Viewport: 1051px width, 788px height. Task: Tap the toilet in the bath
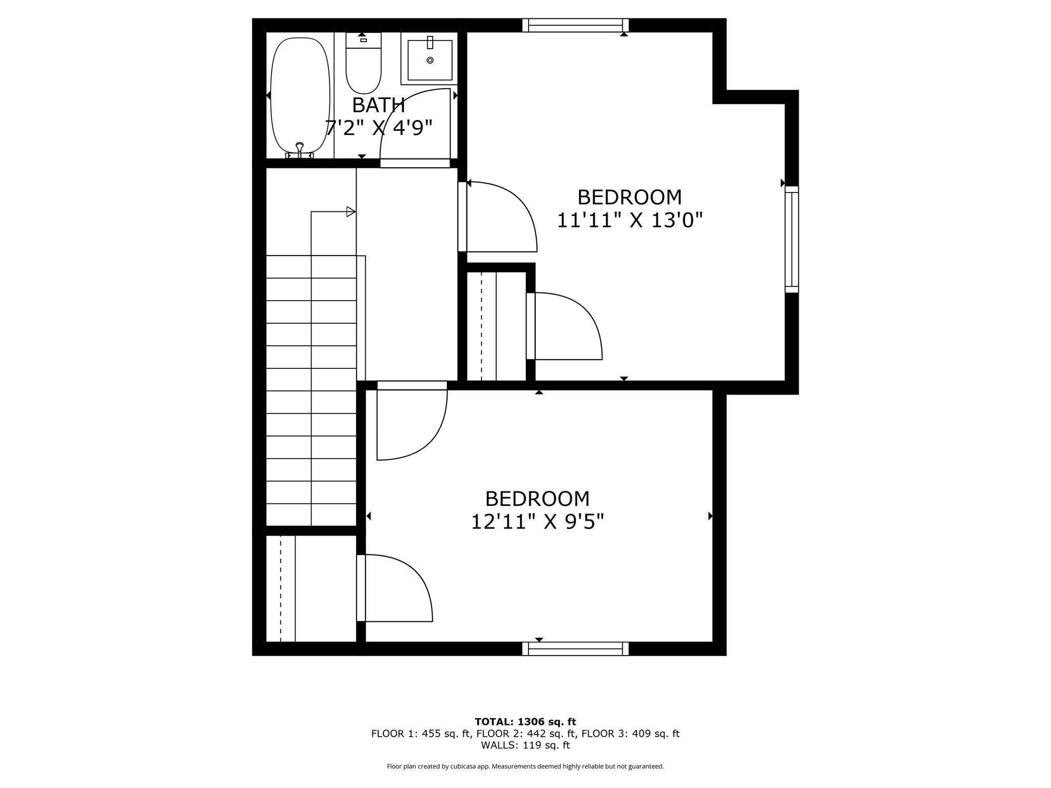[x=363, y=64]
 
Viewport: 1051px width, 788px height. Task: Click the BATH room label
[x=378, y=105]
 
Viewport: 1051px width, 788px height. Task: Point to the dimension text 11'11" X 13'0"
[x=629, y=221]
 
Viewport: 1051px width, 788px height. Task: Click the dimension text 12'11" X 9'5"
[x=537, y=522]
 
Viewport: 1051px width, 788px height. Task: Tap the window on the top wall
[x=575, y=25]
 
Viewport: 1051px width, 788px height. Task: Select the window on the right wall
[x=792, y=239]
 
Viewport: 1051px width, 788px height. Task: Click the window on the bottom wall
[x=575, y=649]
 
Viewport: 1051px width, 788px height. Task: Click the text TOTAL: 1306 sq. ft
[x=525, y=722]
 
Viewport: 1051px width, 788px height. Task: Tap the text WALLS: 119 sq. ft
[x=525, y=745]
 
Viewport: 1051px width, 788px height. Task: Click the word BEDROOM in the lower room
[x=537, y=499]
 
